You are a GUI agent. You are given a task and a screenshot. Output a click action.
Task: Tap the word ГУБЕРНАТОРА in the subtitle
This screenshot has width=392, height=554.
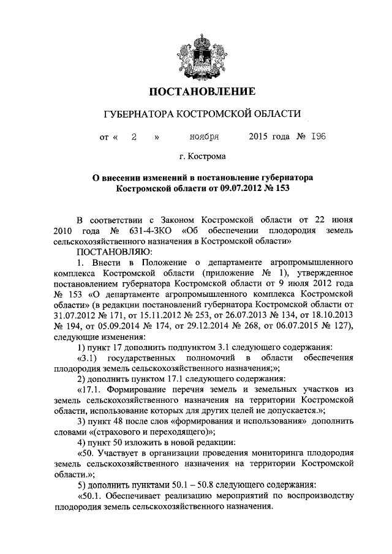click(138, 114)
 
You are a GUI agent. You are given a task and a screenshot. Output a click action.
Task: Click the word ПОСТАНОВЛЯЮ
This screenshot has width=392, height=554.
click(110, 252)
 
